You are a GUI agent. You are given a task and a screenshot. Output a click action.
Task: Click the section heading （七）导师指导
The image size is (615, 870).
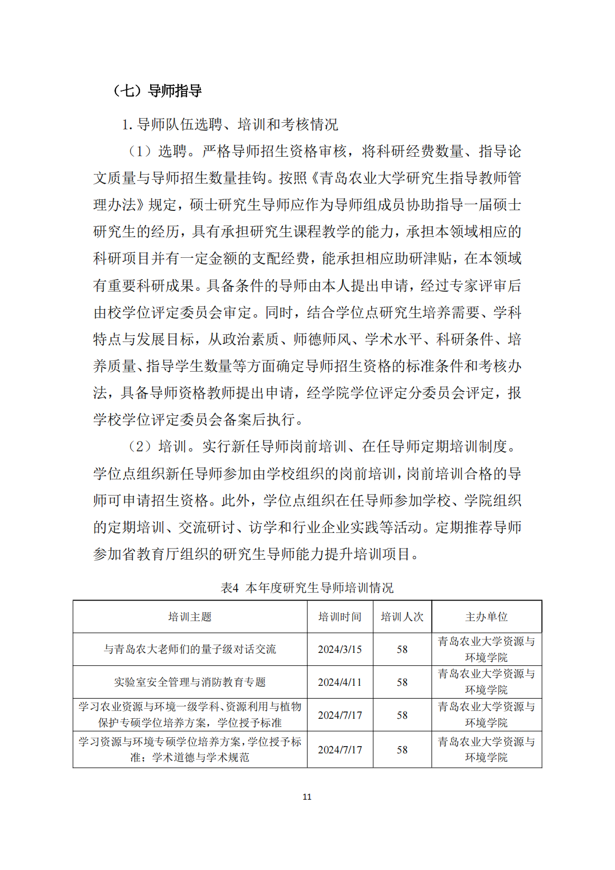click(x=157, y=90)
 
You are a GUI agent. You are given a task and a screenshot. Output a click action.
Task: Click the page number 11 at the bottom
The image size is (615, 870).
click(x=307, y=796)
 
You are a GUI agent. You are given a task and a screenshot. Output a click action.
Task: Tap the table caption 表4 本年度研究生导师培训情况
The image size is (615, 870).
click(x=307, y=588)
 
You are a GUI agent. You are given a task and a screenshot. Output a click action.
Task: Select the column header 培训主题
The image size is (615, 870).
click(x=190, y=617)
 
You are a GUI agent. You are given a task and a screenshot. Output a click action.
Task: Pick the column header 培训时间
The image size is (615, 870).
click(x=340, y=617)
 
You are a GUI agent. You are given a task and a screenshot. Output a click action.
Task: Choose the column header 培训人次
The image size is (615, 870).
click(x=402, y=617)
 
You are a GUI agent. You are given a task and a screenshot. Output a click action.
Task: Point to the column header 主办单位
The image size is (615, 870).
click(x=486, y=617)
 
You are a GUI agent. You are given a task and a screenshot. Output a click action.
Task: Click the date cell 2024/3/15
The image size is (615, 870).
click(x=340, y=650)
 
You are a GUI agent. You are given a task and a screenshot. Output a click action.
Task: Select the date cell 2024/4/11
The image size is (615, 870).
click(x=340, y=682)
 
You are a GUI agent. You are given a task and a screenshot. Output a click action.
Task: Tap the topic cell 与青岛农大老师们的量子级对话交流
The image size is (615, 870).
click(x=190, y=650)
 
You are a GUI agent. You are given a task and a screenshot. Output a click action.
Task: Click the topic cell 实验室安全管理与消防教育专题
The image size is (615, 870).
click(x=190, y=682)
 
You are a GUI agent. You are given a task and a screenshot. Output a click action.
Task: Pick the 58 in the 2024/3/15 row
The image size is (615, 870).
click(x=402, y=650)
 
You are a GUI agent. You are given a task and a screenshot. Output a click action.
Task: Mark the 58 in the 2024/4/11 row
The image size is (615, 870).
click(x=402, y=682)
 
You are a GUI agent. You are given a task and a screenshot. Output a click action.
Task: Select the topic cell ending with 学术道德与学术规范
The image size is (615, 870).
click(x=190, y=749)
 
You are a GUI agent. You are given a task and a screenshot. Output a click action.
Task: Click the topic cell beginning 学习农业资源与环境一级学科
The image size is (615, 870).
click(x=190, y=715)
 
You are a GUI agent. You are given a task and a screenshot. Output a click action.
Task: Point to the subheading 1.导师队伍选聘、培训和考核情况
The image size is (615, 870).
click(x=230, y=124)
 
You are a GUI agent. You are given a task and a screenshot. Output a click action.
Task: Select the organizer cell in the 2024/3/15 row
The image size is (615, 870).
click(x=486, y=650)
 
